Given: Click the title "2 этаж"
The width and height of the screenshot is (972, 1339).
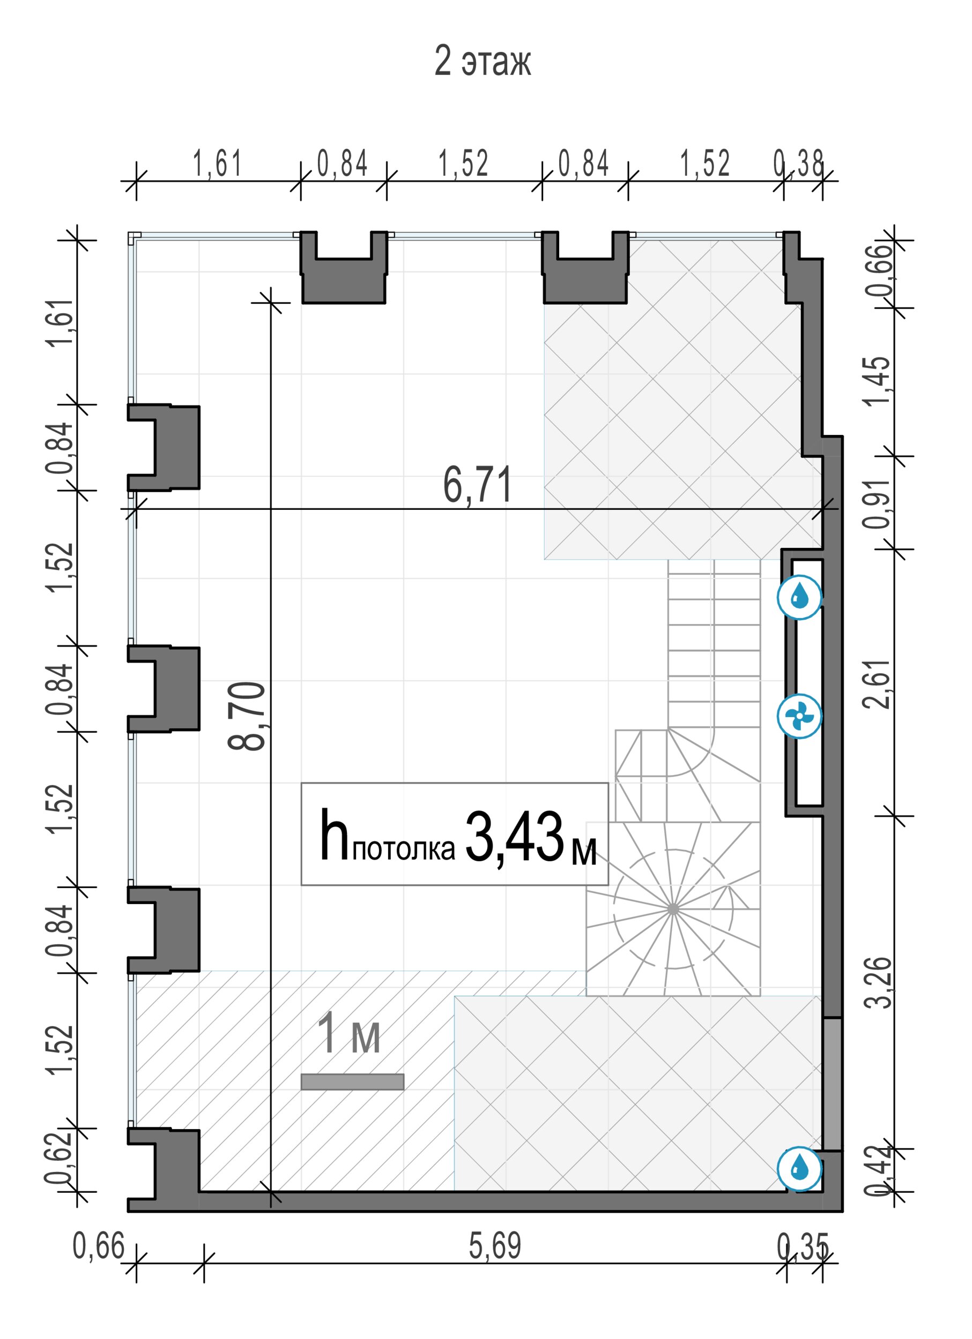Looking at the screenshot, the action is [482, 62].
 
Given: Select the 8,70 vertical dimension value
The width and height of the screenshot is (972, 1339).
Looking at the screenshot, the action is [247, 716].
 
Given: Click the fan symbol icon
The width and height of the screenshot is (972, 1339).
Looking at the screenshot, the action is [799, 717].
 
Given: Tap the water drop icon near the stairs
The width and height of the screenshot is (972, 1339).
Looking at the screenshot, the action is [799, 598].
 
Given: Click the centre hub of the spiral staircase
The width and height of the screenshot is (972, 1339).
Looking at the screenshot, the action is [673, 909].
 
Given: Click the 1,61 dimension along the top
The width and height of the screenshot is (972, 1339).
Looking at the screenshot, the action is [218, 163].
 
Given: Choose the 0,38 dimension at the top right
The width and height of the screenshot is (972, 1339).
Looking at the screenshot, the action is [799, 163].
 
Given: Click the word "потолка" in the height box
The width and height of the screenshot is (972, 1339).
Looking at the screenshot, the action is [404, 848].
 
